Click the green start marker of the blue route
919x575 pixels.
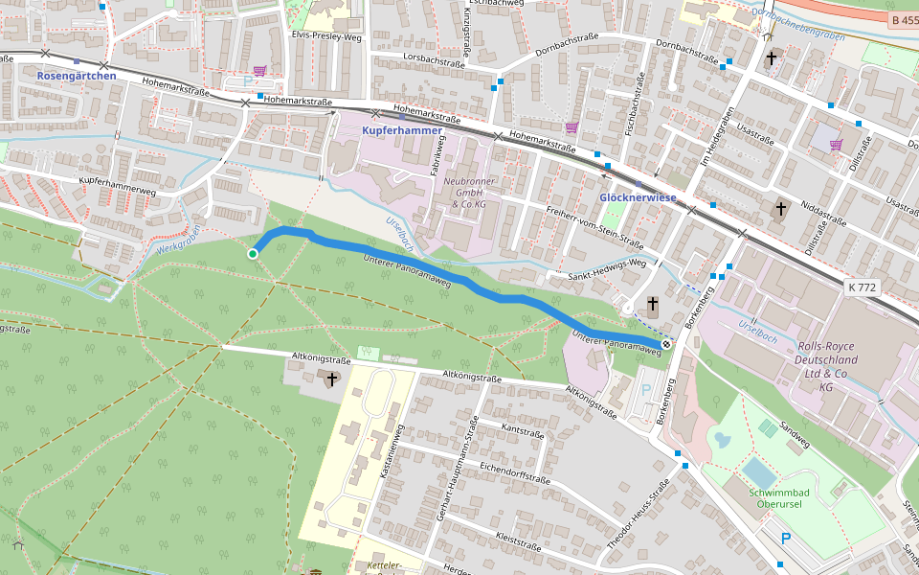click(253, 254)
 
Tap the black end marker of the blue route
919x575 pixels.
click(665, 344)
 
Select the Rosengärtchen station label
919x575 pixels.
click(77, 76)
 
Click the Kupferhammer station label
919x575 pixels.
click(402, 129)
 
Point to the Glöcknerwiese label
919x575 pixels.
click(638, 197)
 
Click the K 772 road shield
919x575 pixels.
click(862, 287)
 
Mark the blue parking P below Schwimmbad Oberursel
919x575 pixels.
click(786, 539)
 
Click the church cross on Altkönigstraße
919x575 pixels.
click(332, 379)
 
